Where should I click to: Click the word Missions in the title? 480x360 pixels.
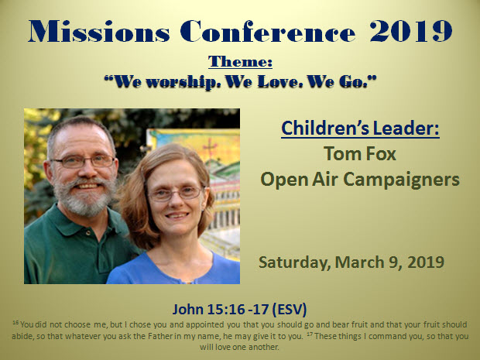(x=98, y=31)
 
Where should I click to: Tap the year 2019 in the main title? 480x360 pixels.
(x=410, y=31)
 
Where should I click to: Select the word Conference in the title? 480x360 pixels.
(x=268, y=31)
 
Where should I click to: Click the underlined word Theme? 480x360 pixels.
(x=240, y=61)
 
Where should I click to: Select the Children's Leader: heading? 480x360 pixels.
(x=360, y=129)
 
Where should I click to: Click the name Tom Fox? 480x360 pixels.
(x=360, y=153)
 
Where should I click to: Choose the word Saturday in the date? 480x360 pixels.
(x=294, y=262)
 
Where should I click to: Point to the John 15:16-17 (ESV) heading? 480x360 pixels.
(x=239, y=309)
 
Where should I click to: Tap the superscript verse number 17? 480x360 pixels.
(x=310, y=334)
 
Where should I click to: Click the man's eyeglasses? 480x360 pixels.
(x=83, y=162)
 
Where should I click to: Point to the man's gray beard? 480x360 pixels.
(x=84, y=197)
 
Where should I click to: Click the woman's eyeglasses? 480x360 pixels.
(x=176, y=194)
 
